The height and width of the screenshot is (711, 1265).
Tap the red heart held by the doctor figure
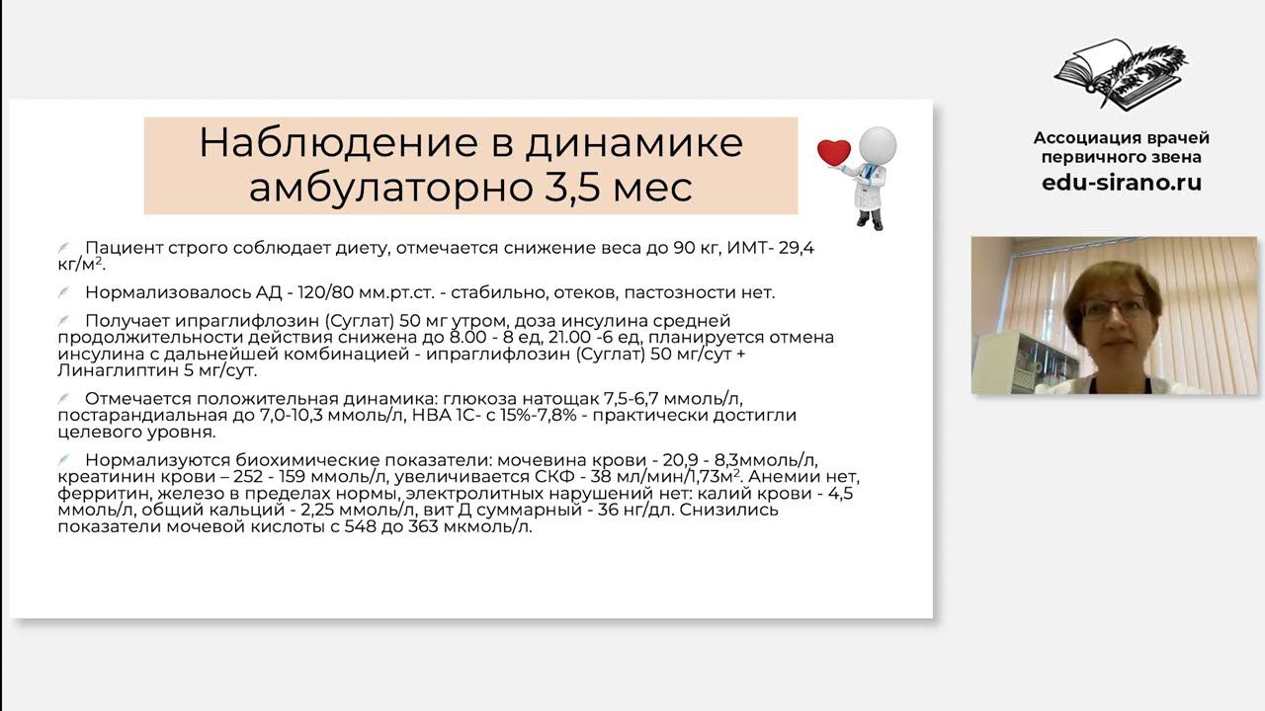(x=833, y=152)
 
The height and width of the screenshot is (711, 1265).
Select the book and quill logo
(x=1121, y=75)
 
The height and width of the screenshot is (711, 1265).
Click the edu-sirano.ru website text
(x=1121, y=183)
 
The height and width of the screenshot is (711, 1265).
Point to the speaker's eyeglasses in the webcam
(x=1114, y=308)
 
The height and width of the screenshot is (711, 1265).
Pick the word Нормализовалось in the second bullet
(x=154, y=292)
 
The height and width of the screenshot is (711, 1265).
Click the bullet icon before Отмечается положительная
(x=64, y=398)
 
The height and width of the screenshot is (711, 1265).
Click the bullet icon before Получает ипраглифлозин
(x=64, y=321)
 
